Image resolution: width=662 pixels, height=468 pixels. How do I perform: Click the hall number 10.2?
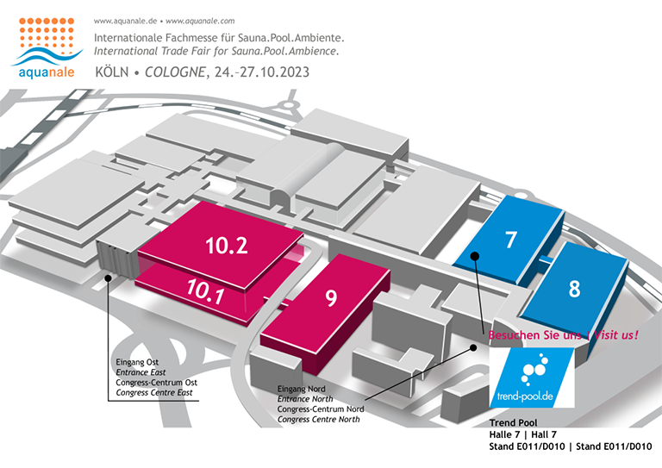point(227,246)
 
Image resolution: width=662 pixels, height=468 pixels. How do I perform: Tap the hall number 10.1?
point(205,291)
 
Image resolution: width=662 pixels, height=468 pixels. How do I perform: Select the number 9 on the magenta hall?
point(331,298)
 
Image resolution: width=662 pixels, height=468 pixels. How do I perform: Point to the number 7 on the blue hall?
point(511,240)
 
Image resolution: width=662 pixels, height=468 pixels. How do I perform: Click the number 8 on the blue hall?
point(574,289)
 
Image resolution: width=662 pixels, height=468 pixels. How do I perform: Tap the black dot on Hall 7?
point(475,256)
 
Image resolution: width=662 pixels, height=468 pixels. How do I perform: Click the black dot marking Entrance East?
point(108,278)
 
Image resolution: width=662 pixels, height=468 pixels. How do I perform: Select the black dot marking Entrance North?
point(473,347)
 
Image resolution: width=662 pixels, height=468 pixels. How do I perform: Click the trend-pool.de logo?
point(532,378)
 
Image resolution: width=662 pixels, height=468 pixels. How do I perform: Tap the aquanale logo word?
point(47,72)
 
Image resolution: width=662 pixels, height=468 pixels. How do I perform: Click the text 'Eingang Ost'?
point(137,362)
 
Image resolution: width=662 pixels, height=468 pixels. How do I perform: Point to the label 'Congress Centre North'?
point(319,420)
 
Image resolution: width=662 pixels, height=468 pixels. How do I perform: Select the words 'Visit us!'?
point(616,335)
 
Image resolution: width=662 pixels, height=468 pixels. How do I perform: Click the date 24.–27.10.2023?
point(262,72)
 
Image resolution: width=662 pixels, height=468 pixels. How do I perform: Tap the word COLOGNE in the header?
point(175,72)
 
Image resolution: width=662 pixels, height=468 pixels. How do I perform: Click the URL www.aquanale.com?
point(200,21)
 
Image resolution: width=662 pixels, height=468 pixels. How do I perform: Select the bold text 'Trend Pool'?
point(514,423)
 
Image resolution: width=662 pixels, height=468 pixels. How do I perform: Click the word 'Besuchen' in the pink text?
point(509,335)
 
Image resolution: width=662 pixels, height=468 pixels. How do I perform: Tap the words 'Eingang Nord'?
point(302,389)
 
